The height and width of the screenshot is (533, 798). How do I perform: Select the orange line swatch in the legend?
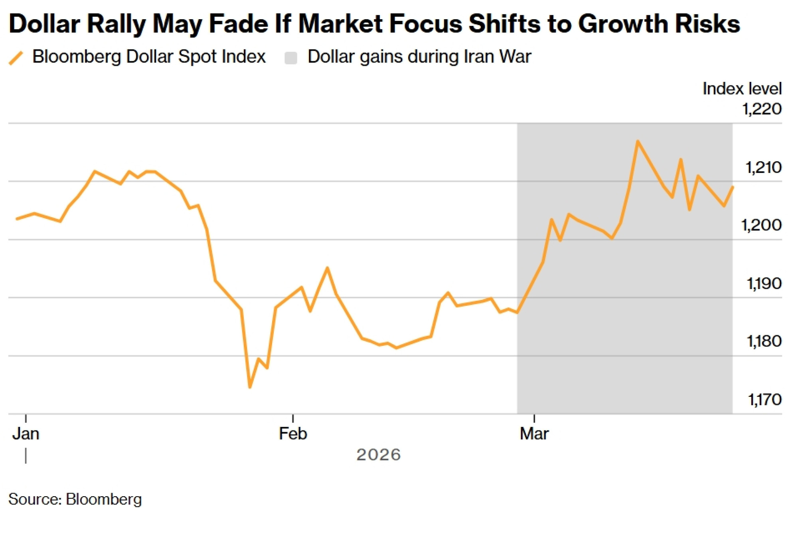16,58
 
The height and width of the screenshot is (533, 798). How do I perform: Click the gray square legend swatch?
291,58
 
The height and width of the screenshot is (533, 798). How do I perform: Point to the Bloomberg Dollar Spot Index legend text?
149,57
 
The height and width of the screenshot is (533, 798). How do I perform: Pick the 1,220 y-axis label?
762,109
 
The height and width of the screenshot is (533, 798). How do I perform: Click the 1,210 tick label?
763,167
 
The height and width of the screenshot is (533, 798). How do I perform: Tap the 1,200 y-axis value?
761,225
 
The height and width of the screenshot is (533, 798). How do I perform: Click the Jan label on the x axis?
26,434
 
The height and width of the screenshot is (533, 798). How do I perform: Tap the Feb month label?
293,434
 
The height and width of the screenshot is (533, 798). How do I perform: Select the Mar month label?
534,434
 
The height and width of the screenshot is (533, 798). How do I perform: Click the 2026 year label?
378,455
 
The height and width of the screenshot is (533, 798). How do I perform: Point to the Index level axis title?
742,89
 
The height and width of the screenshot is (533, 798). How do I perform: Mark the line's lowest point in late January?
250,387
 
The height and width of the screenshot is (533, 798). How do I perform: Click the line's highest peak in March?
638,141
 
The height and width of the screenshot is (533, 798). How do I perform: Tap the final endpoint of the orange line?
733,187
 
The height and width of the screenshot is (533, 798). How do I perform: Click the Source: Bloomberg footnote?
75,499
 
